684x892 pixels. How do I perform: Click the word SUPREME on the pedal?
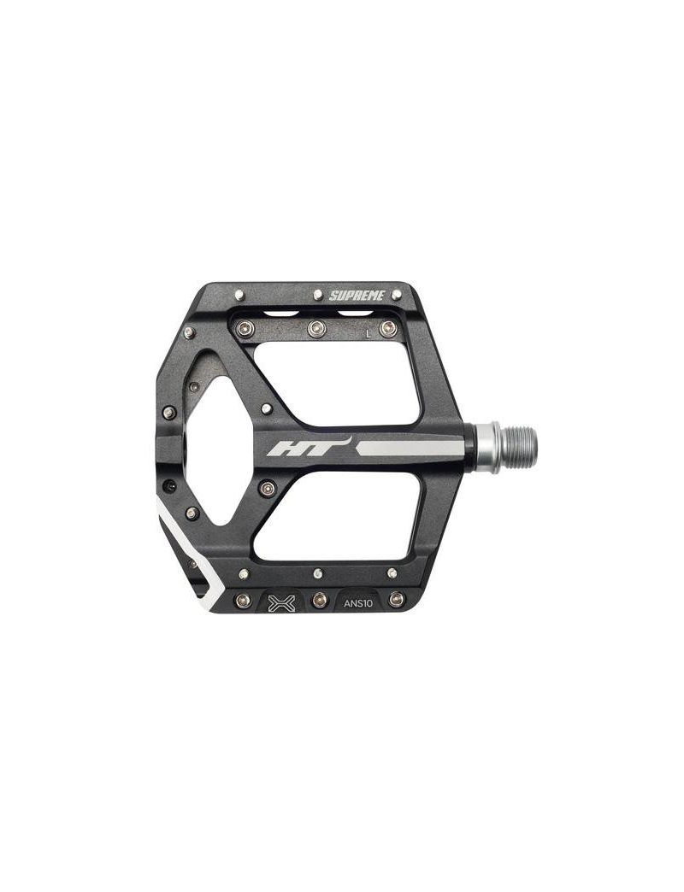coord(357,296)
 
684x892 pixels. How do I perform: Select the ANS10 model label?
coord(358,603)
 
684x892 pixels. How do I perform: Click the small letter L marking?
coord(369,334)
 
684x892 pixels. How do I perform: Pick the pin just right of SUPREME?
coord(397,294)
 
